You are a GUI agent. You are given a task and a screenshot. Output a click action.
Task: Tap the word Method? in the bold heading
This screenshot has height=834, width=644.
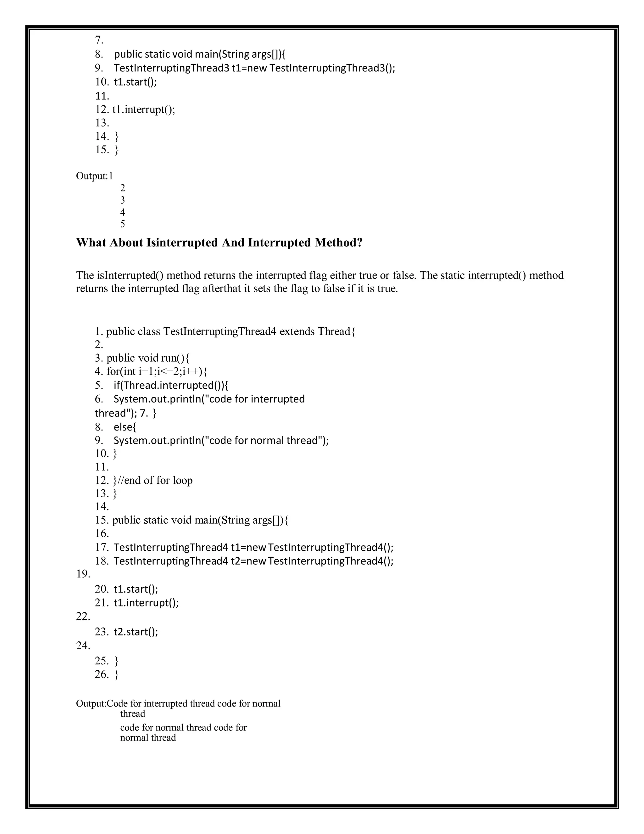(x=338, y=243)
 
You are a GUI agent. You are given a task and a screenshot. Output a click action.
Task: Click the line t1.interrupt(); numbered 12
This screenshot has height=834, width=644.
(x=144, y=110)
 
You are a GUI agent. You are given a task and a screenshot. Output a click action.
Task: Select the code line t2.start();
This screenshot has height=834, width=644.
(x=136, y=632)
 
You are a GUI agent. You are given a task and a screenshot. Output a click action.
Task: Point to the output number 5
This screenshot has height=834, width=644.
(x=122, y=224)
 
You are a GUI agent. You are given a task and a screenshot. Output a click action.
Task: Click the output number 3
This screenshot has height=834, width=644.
(x=122, y=200)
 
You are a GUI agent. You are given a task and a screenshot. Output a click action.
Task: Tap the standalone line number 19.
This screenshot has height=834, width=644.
(x=83, y=574)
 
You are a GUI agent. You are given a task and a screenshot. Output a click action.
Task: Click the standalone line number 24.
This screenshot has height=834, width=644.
(x=83, y=646)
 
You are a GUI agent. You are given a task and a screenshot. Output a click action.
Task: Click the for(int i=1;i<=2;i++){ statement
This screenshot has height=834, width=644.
(x=157, y=371)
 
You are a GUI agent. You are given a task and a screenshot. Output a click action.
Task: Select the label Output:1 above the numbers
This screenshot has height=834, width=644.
(x=95, y=176)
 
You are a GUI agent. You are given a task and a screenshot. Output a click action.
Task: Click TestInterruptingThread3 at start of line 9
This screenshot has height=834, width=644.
(x=171, y=68)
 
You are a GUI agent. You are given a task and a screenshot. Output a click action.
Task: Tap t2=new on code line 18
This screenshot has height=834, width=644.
(x=248, y=561)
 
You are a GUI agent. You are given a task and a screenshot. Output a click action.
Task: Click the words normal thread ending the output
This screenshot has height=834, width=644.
(x=148, y=737)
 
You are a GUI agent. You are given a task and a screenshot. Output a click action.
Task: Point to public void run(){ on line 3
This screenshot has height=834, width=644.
(x=148, y=358)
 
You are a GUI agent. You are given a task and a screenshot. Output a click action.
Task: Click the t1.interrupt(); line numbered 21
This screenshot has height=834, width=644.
(x=146, y=603)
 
